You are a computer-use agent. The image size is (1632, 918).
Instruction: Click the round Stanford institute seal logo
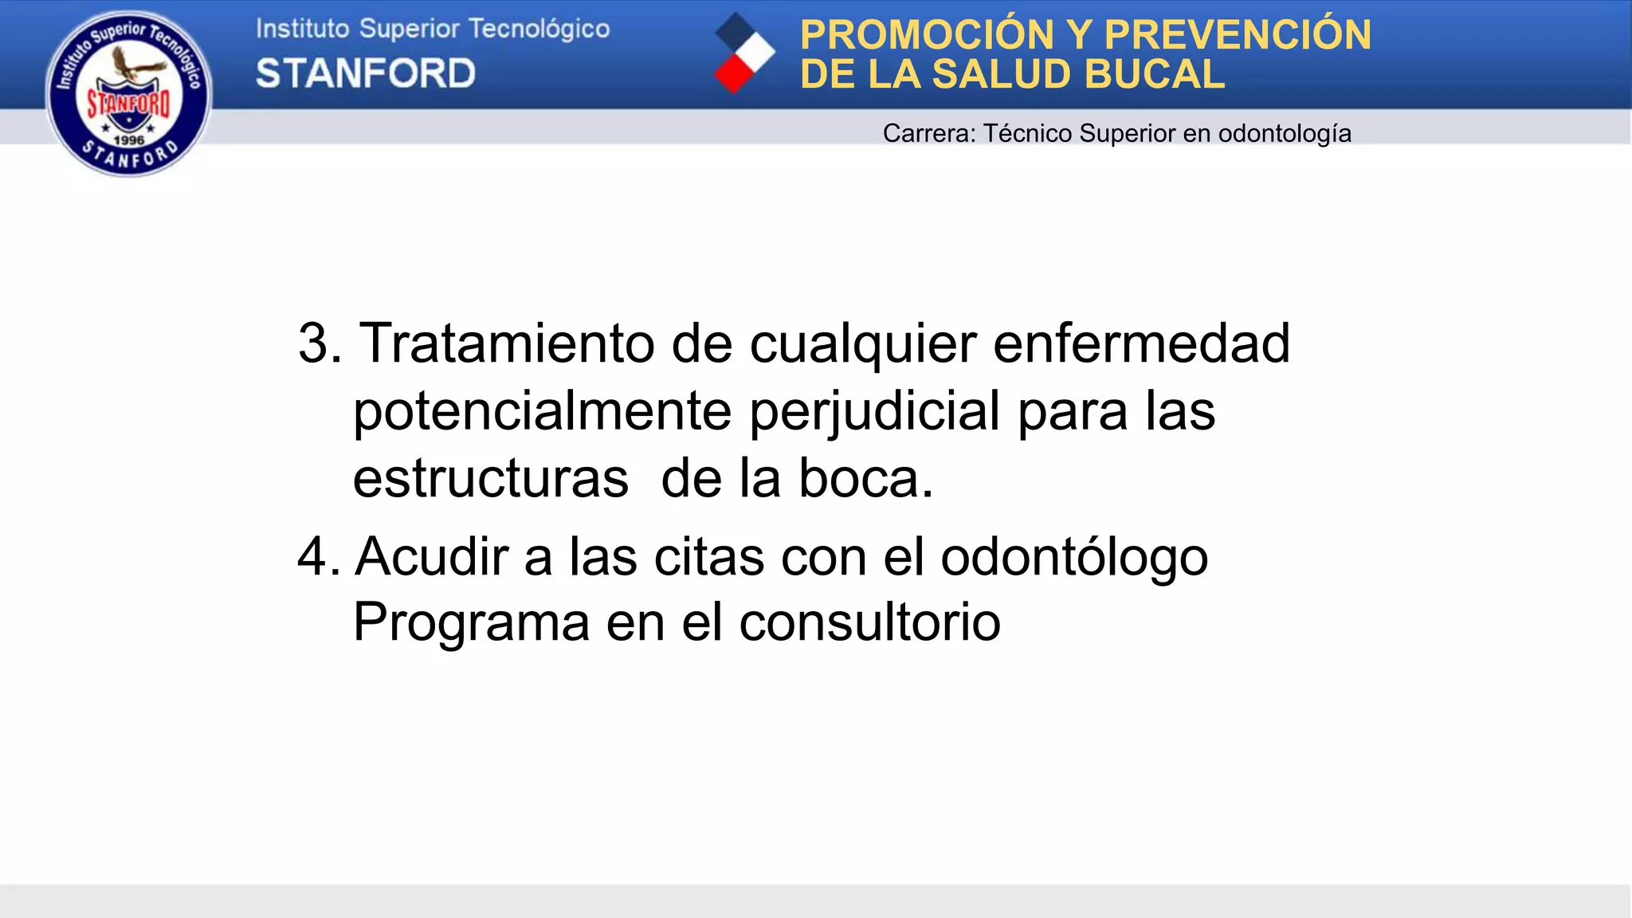129,93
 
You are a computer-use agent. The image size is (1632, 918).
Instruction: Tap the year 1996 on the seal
129,139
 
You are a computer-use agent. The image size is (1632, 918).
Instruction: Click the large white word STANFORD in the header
366,74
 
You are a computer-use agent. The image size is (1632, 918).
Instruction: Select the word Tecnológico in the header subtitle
539,29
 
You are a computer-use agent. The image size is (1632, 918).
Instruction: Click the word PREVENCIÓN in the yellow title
1238,35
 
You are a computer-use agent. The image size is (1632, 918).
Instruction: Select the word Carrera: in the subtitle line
929,133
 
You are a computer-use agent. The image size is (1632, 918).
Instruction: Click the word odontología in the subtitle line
1285,133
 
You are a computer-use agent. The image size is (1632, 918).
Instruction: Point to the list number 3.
319,343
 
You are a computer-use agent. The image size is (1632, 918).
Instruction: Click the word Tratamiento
507,343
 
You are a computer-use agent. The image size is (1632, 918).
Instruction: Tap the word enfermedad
1141,343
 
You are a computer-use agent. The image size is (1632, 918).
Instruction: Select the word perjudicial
875,411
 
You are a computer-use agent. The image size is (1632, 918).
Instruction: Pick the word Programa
471,622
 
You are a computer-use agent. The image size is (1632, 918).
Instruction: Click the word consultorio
869,622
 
